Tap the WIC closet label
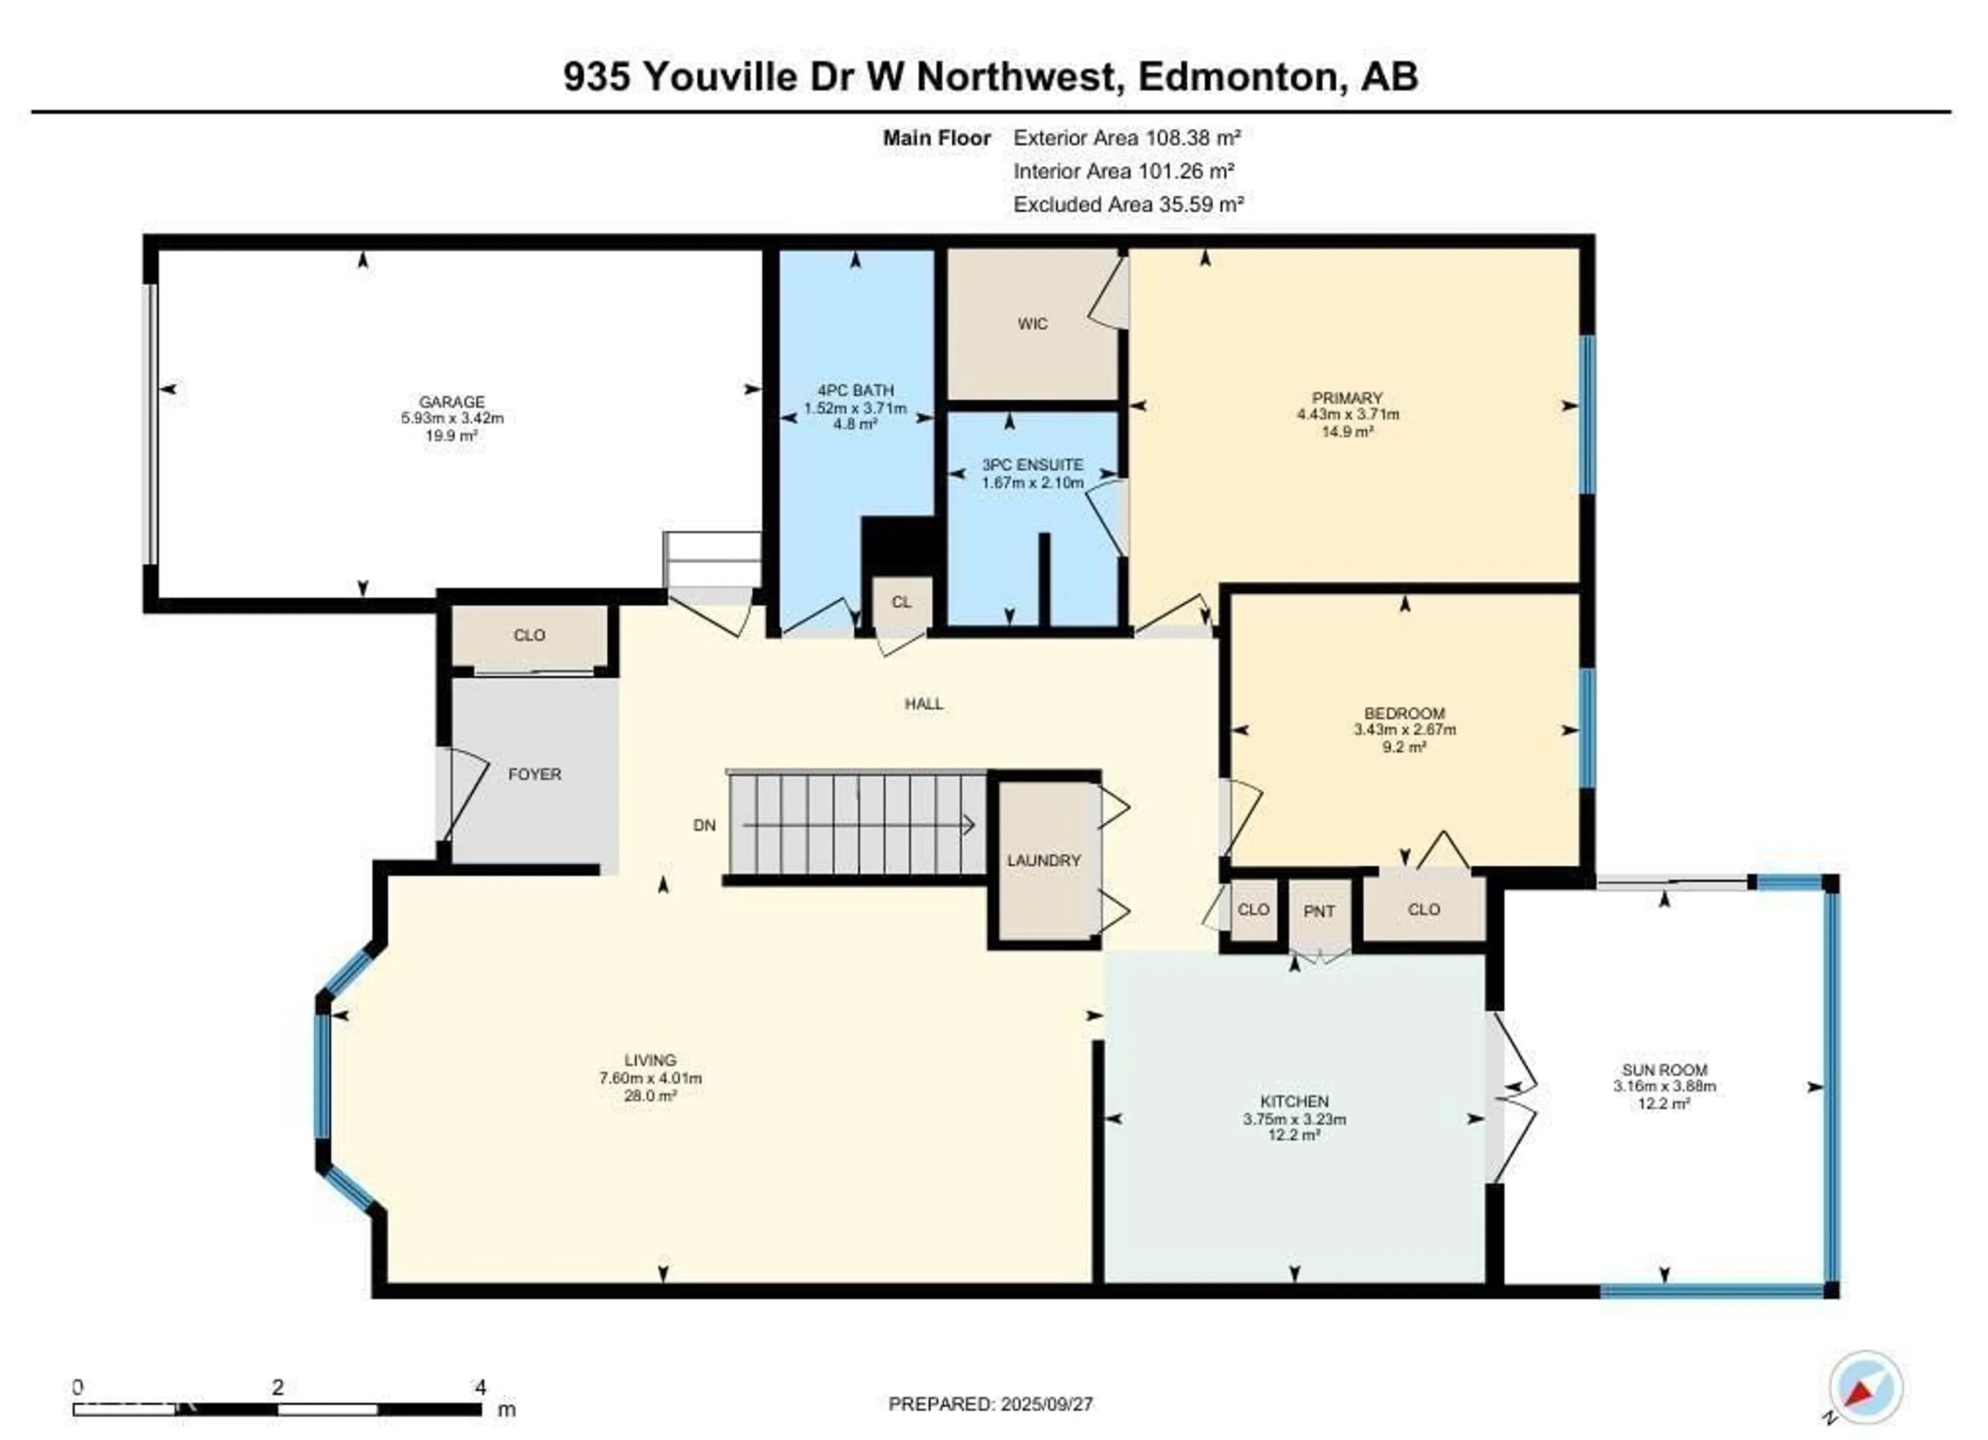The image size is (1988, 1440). pyautogui.click(x=1032, y=324)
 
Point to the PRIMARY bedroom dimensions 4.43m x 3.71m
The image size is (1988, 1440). pyautogui.click(x=1348, y=415)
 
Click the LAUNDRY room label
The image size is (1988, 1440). pyautogui.click(x=1044, y=861)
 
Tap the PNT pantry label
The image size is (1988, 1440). pyautogui.click(x=1319, y=911)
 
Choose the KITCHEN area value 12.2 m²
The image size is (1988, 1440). pyautogui.click(x=1295, y=1135)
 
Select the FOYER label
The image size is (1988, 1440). pyautogui.click(x=535, y=775)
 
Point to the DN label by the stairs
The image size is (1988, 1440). pyautogui.click(x=705, y=825)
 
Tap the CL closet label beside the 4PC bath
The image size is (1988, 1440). pyautogui.click(x=901, y=602)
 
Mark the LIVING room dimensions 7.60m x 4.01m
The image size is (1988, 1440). pyautogui.click(x=650, y=1078)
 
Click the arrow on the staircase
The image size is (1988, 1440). pyautogui.click(x=858, y=825)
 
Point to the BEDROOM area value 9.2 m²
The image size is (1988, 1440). pyautogui.click(x=1404, y=747)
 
